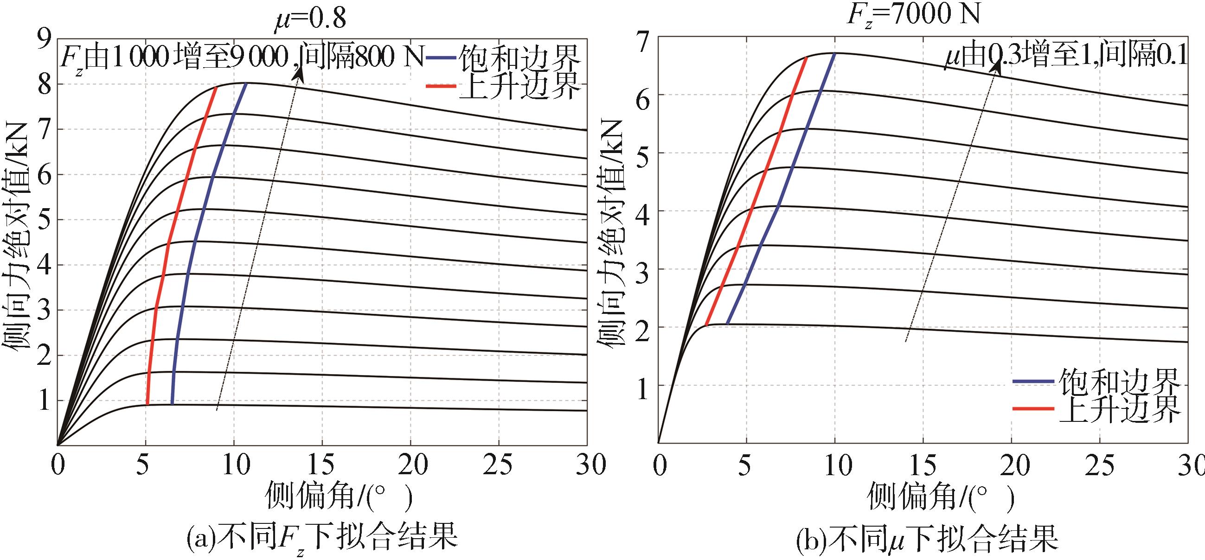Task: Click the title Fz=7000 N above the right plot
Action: point(913,14)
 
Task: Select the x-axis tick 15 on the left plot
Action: point(322,465)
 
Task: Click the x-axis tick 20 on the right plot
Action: point(1011,465)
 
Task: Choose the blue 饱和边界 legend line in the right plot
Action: point(1033,381)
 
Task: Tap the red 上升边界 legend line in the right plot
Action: point(1033,408)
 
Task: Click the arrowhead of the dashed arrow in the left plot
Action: point(298,75)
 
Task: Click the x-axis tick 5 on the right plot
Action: point(746,465)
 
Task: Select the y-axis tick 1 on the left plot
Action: point(45,401)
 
